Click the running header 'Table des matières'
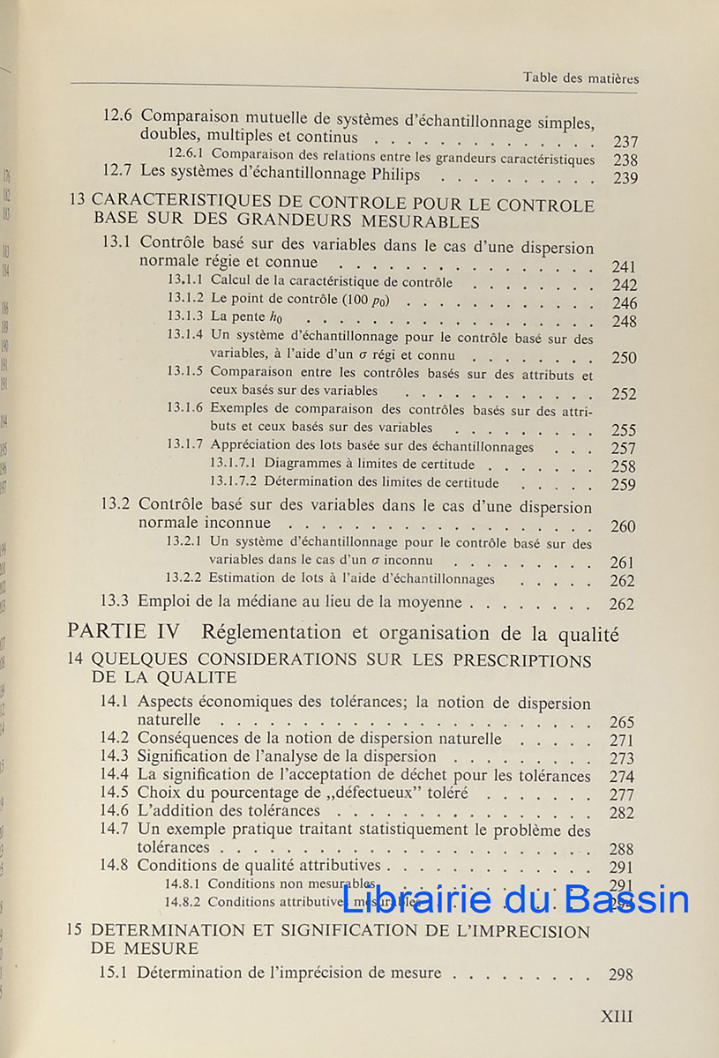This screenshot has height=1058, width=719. [580, 78]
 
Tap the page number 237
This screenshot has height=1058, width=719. [625, 142]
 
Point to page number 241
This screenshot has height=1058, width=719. [624, 266]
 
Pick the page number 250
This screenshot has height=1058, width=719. [624, 358]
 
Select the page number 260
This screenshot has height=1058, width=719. [623, 526]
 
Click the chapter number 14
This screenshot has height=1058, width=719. [77, 660]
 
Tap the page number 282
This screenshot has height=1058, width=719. [621, 813]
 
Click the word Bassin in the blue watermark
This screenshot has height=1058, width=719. [627, 899]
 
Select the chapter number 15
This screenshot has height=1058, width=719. [76, 931]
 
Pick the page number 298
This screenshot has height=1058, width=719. [620, 974]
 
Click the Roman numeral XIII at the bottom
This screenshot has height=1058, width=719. [617, 1016]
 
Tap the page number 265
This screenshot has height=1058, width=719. [621, 722]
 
